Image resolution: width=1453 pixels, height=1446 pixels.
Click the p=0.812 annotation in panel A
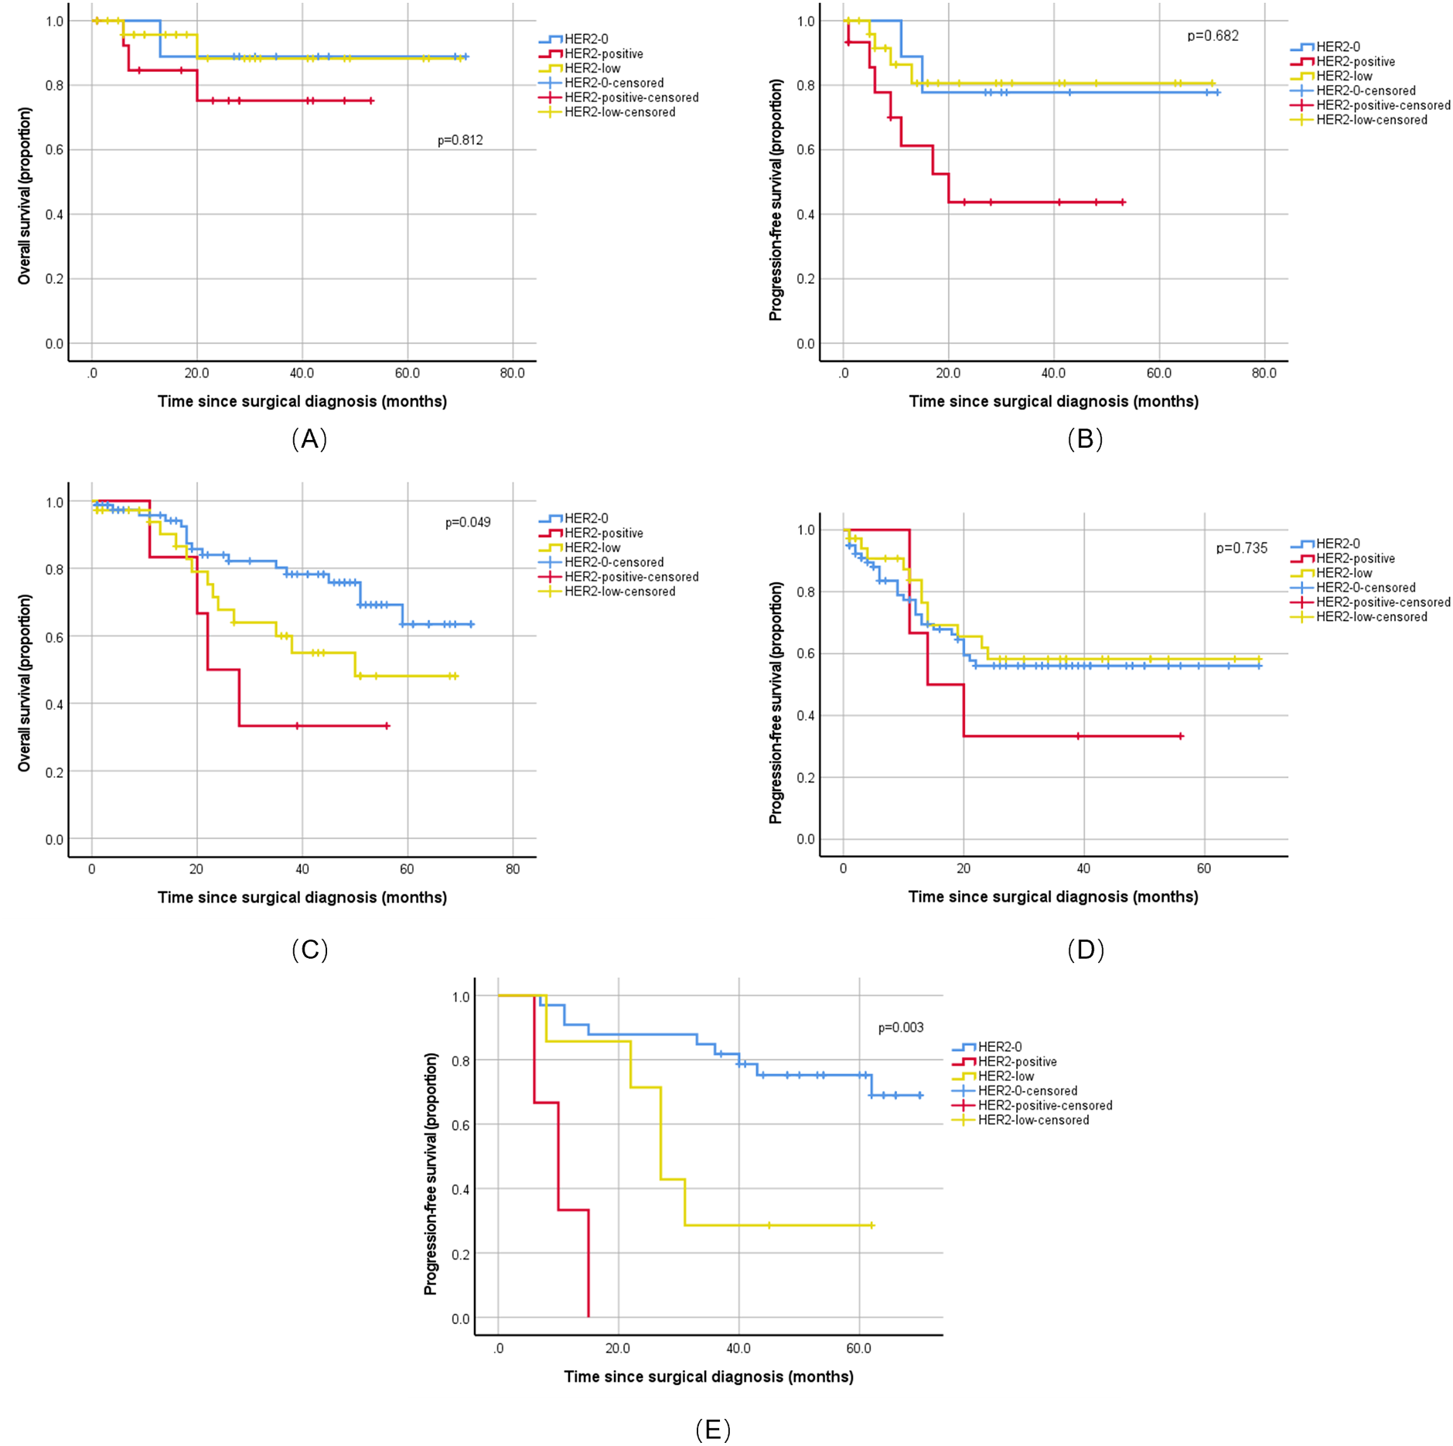pos(459,140)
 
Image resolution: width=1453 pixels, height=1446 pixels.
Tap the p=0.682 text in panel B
pos(1212,36)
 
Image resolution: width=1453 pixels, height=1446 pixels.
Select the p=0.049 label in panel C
pos(467,522)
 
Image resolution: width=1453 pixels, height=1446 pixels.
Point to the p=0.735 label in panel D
pos(1240,547)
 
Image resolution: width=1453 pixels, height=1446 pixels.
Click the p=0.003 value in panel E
pos(900,1027)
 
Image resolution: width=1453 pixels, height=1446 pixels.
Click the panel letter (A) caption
pos(309,438)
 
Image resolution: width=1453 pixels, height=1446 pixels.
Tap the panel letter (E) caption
pos(712,1429)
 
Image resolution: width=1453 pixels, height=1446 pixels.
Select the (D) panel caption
pos(1084,949)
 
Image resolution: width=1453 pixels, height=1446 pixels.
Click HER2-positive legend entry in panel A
pos(603,53)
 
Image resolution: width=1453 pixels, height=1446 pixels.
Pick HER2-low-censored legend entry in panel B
pos(1371,120)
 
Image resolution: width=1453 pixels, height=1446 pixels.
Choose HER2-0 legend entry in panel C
pos(585,518)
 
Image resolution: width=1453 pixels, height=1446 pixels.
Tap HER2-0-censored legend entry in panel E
pos(1027,1090)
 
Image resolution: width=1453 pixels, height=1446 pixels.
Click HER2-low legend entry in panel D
pos(1343,573)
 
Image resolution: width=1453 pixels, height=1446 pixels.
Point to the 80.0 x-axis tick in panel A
pos(512,373)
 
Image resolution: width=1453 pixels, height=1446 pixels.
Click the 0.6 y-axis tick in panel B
pos(805,149)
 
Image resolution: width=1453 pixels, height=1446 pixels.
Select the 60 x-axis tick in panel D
pos(1203,868)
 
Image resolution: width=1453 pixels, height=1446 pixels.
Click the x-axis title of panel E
pos(708,1376)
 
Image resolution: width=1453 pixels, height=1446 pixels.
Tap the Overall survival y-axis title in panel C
pos(25,682)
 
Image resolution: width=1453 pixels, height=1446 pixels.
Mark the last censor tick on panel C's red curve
pos(387,725)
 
